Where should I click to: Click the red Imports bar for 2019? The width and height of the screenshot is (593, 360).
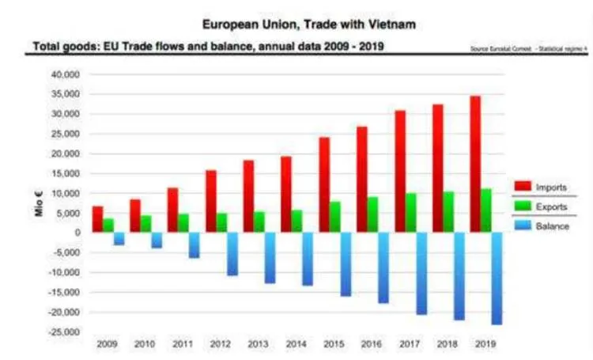coord(475,164)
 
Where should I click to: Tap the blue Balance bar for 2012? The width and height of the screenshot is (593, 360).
coord(232,254)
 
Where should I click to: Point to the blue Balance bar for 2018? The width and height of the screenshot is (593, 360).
coord(460,276)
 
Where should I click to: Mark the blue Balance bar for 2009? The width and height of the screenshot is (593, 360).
coord(119,238)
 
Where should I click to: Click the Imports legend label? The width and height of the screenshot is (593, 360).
coord(551,187)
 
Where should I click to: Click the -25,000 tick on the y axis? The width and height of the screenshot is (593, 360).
coord(62,332)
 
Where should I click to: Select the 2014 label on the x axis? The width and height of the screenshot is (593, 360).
coord(296,344)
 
